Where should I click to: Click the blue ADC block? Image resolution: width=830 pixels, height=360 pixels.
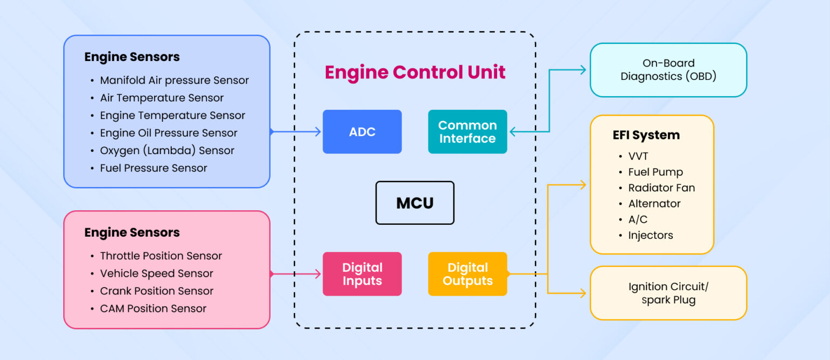362,132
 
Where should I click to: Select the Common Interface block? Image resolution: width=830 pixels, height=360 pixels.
467,132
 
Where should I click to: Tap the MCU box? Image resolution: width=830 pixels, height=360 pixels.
414,203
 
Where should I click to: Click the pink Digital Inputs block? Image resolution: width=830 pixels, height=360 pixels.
362,274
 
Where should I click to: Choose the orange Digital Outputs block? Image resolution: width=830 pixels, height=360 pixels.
467,274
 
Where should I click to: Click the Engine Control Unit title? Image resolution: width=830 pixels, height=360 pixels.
415,72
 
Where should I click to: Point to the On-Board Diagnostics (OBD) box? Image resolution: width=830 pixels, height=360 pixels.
668,70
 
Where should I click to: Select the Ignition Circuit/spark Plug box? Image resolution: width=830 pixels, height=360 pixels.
668,293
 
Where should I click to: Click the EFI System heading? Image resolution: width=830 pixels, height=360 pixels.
646,135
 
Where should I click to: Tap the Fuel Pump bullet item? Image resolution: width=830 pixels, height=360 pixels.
655,172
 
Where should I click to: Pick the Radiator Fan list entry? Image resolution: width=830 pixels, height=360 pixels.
661,188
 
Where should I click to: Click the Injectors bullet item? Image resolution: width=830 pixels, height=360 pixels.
650,235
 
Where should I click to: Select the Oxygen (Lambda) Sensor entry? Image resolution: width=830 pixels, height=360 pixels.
166,151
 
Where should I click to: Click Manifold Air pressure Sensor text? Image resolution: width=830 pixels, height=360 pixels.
174,81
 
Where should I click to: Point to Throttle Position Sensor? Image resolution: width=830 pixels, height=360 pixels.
160,256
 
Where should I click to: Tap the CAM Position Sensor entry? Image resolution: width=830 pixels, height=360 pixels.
153,309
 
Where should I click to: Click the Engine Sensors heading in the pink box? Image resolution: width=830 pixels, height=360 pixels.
132,233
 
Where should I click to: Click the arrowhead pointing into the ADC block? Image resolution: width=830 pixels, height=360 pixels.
317,132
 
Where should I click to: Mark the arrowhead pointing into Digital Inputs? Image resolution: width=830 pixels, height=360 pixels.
317,274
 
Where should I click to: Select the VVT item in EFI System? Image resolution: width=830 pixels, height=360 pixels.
638,157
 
